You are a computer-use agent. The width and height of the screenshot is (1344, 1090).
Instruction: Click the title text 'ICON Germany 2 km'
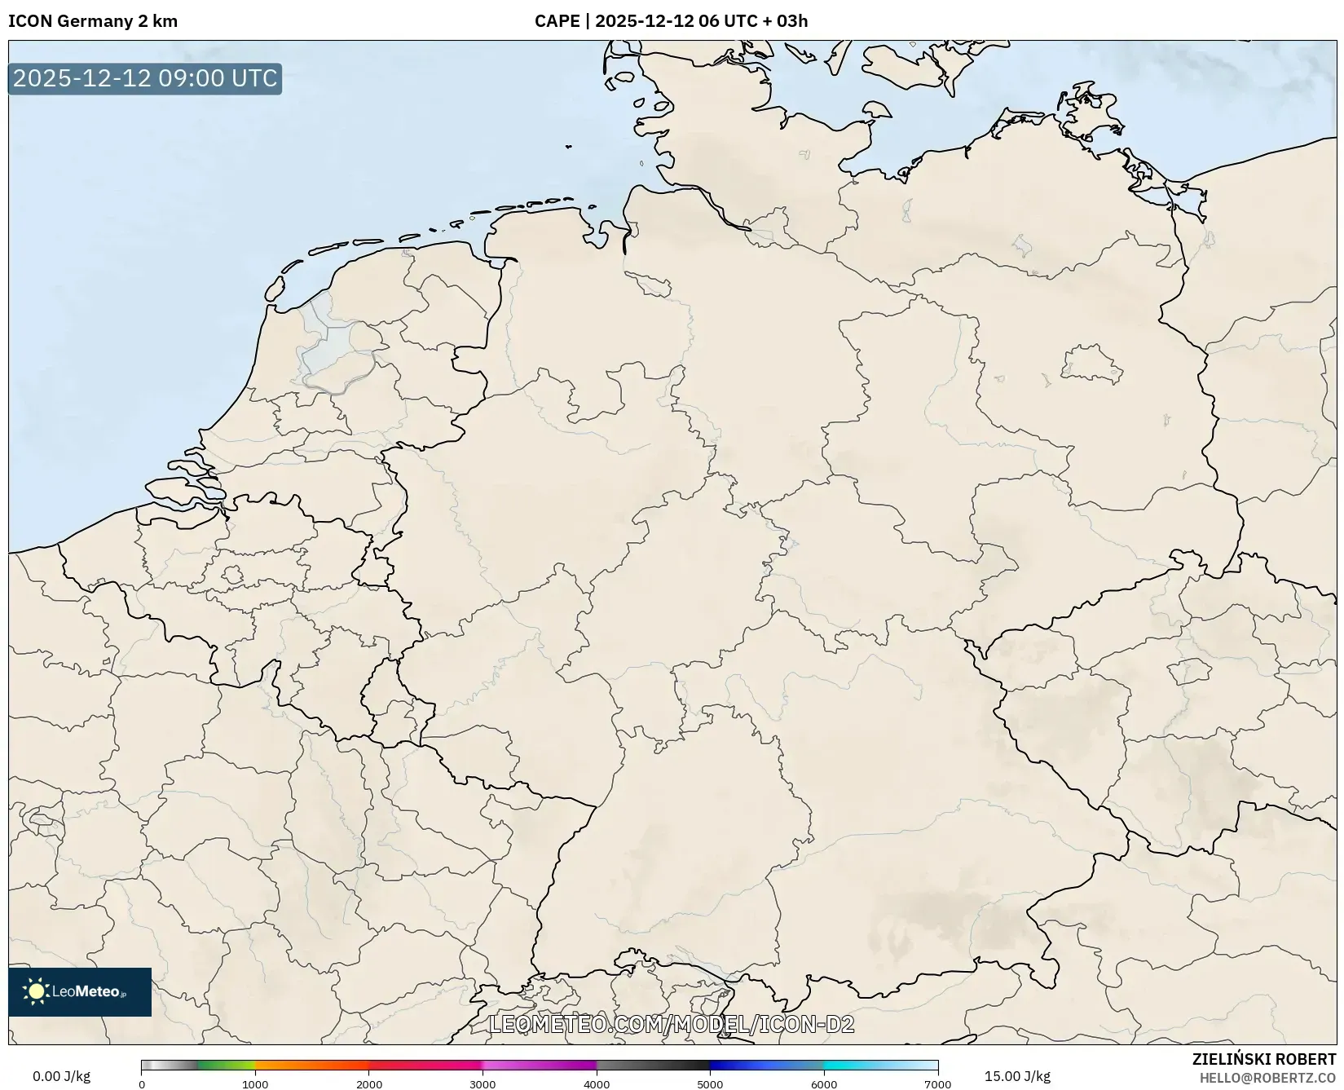click(93, 21)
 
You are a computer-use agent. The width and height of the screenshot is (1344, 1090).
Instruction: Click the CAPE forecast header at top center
click(671, 21)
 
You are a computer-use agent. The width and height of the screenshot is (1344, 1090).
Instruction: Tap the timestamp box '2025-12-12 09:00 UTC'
click(145, 79)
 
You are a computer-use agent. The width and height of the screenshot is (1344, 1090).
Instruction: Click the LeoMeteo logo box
click(80, 991)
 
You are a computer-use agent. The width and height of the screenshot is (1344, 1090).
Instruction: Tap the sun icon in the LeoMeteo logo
click(37, 991)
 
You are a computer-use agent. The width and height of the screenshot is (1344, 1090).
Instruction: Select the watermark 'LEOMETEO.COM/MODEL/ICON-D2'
click(671, 1024)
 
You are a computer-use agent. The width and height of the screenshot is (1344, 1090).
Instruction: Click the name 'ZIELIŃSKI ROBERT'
click(1264, 1059)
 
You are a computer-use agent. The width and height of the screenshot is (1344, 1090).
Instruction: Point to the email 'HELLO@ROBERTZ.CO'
click(1267, 1078)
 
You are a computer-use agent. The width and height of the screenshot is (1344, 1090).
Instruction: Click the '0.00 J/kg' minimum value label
click(61, 1076)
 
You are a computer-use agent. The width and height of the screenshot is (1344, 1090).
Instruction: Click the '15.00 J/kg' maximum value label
click(1017, 1076)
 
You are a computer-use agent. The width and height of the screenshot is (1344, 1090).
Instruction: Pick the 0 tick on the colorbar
click(142, 1084)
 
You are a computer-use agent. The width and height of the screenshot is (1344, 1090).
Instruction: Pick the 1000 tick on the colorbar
click(255, 1084)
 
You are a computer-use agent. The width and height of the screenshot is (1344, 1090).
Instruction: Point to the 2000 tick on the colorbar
click(369, 1084)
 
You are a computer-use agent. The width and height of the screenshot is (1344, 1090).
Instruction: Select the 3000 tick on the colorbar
click(483, 1084)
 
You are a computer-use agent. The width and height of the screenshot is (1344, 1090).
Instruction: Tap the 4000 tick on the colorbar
click(597, 1084)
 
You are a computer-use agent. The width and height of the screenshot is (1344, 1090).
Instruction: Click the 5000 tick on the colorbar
click(710, 1084)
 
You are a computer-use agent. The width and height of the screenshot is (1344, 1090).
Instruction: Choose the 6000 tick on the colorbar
click(824, 1084)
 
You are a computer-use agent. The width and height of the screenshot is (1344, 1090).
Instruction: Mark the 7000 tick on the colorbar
click(937, 1084)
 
